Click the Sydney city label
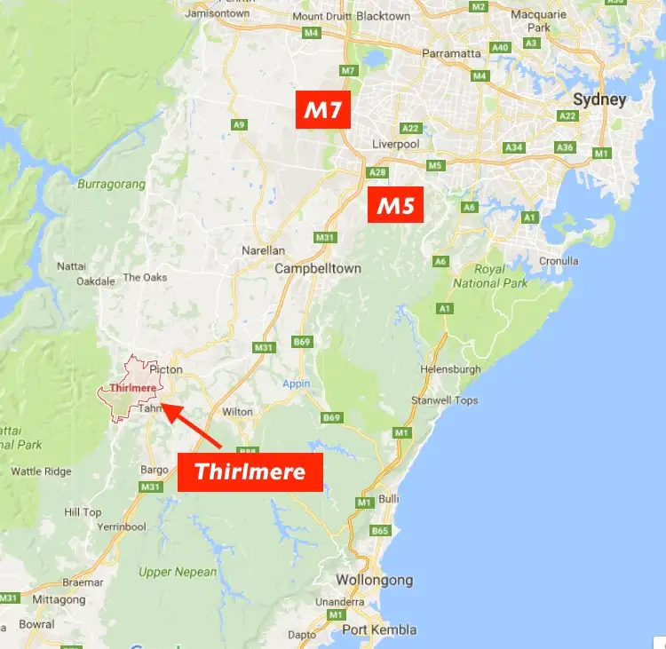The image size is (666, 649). [600, 99]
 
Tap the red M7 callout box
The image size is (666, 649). [326, 111]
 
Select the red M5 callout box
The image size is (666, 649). [395, 206]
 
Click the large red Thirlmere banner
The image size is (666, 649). [250, 471]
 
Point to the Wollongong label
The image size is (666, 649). [374, 580]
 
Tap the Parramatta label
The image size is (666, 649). [451, 53]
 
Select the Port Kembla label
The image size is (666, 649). [379, 629]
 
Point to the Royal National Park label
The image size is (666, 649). [489, 276]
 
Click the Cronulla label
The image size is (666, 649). [558, 261]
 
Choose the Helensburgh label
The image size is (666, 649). [453, 369]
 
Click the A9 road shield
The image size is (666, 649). [238, 125]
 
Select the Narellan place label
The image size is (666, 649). [263, 250]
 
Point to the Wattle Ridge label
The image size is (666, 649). [42, 471]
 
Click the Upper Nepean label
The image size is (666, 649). [178, 572]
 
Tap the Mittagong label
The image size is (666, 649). [59, 599]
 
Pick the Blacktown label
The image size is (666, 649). [383, 16]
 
